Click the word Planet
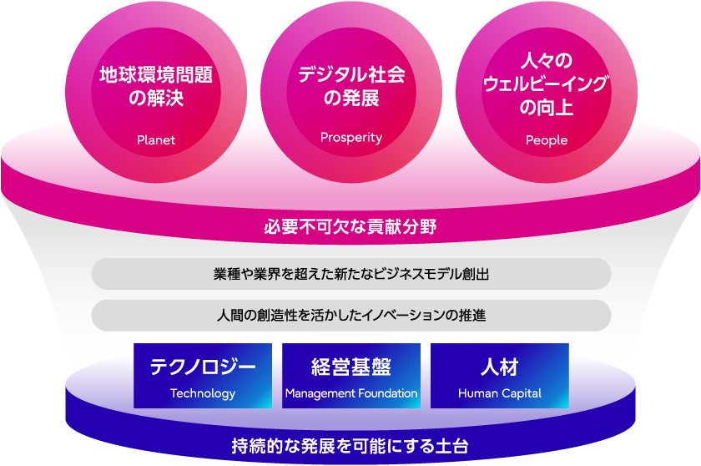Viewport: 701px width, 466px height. click(156, 140)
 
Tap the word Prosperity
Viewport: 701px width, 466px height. click(351, 138)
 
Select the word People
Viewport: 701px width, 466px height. click(547, 140)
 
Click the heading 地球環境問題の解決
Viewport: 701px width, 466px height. click(156, 86)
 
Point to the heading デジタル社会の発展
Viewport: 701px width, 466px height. click(351, 86)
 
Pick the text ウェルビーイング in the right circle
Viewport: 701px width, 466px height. click(547, 84)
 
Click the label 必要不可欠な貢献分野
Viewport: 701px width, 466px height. click(350, 227)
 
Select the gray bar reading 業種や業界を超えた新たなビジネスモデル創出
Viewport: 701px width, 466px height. click(351, 274)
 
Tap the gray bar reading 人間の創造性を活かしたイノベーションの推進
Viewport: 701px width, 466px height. click(351, 316)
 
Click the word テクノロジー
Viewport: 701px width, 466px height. click(203, 367)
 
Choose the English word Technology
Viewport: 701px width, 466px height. click(203, 393)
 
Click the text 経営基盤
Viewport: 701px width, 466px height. click(351, 367)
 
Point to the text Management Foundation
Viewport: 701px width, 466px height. click(351, 393)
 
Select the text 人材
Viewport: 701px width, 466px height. click(500, 367)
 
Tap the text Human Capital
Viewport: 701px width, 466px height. click(500, 393)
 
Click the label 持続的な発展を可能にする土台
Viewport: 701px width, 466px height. click(350, 446)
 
